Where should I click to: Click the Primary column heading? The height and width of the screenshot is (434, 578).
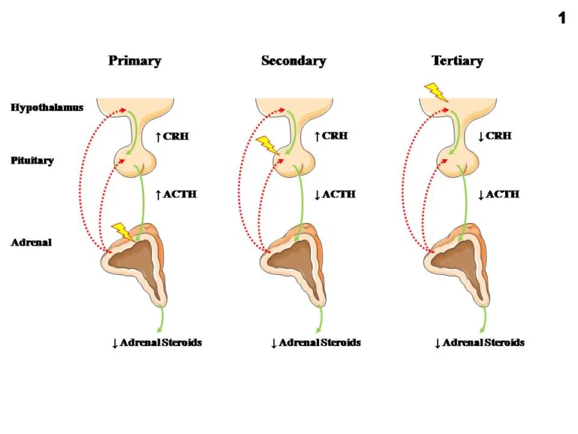coord(135,60)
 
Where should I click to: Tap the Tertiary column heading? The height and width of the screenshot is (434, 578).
coord(457,60)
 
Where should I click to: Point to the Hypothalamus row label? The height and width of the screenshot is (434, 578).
coord(47,108)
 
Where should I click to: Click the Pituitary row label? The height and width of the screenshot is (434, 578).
coord(32,160)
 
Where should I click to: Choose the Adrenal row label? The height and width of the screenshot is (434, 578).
coord(31,243)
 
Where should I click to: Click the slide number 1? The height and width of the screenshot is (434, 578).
coord(561,18)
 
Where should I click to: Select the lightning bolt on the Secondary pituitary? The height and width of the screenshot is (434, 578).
coord(266,144)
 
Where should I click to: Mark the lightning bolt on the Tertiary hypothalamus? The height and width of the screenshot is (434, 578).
coord(435,92)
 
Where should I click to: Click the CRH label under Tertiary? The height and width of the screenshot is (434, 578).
coord(495,136)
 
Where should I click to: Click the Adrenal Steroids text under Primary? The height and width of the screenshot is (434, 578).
coord(157,343)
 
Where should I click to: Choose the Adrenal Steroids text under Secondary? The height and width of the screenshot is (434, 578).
coord(315,343)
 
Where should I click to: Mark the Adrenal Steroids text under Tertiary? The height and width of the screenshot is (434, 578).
coord(479,343)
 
